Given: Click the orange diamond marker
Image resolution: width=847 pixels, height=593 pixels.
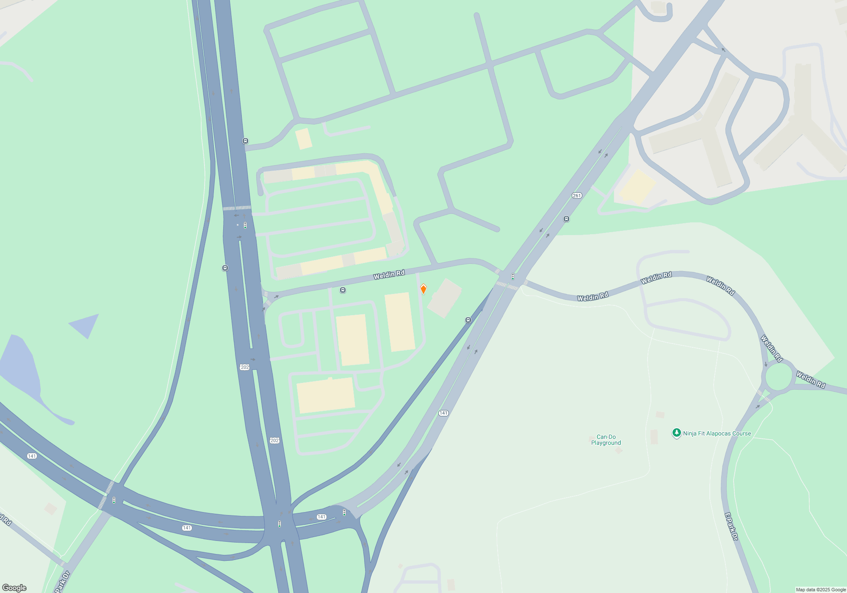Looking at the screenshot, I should point(423,289).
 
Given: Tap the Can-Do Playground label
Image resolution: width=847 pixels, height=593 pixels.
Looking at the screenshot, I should point(606,440).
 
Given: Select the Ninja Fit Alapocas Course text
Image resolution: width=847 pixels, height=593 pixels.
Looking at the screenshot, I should point(717,433).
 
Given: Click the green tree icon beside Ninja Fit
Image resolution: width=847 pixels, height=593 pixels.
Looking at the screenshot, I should point(676,432).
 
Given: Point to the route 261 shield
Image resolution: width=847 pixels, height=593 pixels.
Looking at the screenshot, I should point(577,195).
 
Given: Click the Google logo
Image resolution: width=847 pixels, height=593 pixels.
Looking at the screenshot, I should point(14,587).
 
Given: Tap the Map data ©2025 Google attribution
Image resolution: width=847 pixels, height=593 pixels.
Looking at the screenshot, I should point(821,590).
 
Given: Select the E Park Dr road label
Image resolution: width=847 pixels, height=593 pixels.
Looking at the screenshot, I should point(731,526).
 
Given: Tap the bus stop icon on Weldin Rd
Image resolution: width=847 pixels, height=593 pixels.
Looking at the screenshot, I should point(343,290).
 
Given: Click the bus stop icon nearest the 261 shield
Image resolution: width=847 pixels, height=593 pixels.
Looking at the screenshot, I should point(566,219).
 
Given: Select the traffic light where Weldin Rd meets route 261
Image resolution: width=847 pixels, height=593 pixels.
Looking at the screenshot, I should point(513,277).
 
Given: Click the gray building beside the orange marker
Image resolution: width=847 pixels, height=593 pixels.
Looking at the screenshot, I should point(445,297).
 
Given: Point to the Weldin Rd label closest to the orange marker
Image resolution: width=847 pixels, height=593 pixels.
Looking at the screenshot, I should point(389,275).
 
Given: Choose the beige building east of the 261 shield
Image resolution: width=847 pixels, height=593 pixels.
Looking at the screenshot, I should point(637,187).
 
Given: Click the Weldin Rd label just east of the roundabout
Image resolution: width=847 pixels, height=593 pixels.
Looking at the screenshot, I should point(811,380).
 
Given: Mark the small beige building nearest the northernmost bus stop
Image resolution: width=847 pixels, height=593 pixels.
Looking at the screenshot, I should point(303,139).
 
